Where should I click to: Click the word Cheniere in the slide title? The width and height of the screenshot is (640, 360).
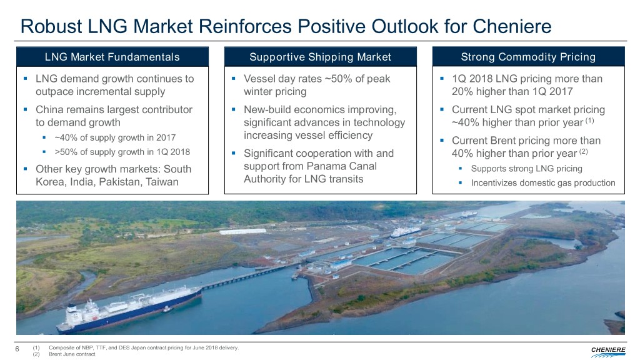click(512, 26)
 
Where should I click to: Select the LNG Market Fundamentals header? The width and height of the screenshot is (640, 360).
click(112, 57)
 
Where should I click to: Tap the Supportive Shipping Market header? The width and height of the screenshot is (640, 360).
click(321, 57)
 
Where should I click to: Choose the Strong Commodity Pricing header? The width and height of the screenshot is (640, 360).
click(528, 57)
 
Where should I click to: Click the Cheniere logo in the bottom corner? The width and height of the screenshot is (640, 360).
click(607, 351)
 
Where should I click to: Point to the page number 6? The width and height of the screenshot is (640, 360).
click(17, 349)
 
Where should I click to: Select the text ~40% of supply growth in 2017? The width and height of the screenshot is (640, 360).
click(115, 137)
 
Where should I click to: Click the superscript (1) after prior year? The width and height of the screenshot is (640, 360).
click(589, 121)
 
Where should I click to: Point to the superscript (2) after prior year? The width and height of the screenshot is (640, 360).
click(583, 151)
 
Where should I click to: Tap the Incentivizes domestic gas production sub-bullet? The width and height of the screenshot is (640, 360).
click(543, 183)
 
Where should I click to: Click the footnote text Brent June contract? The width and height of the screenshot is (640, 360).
click(72, 354)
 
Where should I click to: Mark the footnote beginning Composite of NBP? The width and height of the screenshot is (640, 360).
click(144, 347)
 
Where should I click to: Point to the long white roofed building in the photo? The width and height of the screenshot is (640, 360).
click(242, 231)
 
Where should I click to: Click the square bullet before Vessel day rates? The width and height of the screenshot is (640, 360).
click(234, 78)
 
